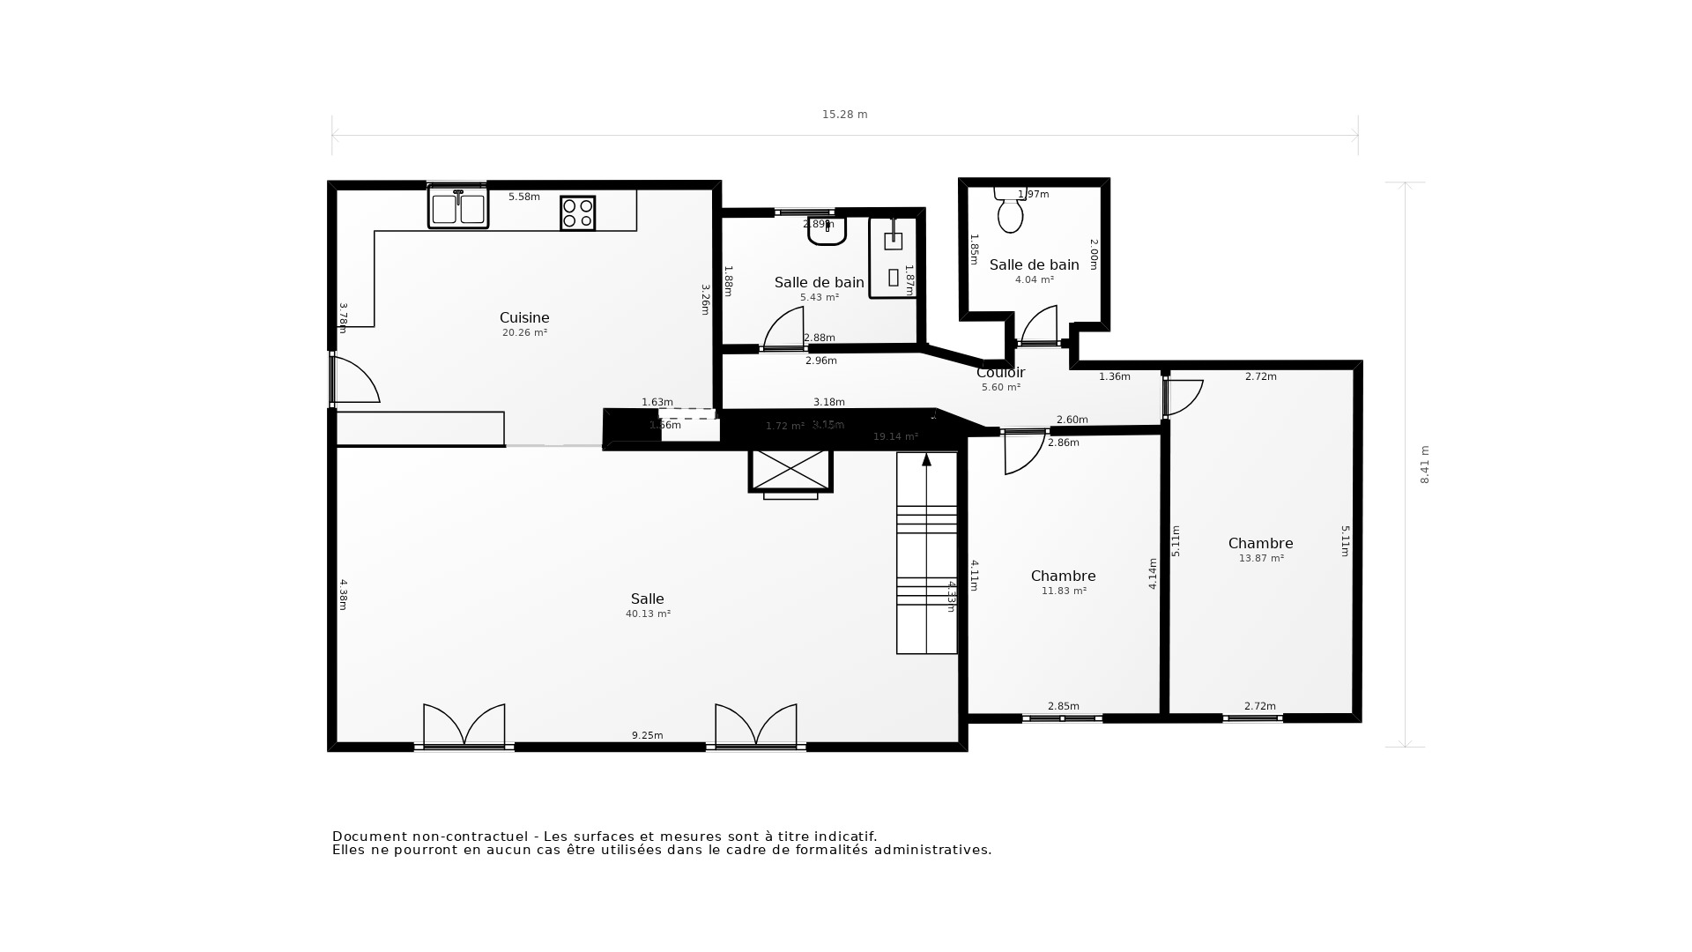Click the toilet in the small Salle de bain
(1010, 212)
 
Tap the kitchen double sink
(457, 208)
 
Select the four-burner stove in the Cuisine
(577, 213)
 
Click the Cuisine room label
(524, 318)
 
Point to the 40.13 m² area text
(648, 614)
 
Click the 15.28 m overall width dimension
(844, 115)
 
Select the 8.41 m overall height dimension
(1424, 465)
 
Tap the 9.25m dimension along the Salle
(647, 735)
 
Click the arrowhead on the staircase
(926, 459)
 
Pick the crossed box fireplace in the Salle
(790, 470)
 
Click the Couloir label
(1000, 373)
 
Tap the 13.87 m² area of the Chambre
(1261, 559)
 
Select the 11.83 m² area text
(1064, 591)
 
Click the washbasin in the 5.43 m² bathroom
(827, 231)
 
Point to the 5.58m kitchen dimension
(523, 197)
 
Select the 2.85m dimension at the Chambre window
(1063, 706)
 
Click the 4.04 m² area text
(1034, 280)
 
